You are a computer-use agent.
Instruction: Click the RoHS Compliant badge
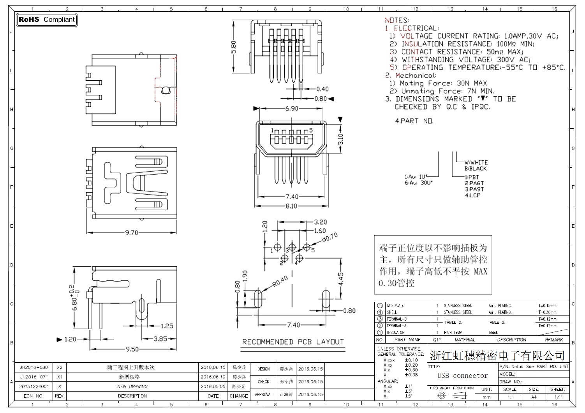(47, 19)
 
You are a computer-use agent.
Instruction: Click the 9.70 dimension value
(132, 233)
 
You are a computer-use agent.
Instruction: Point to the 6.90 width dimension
(292, 108)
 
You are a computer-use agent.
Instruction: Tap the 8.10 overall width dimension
(291, 206)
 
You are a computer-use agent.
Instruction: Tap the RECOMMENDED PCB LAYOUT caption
(293, 342)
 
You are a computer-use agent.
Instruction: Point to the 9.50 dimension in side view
(132, 349)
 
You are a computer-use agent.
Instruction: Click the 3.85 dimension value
(160, 339)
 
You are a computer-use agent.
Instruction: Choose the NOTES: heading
(396, 20)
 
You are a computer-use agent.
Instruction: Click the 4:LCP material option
(472, 195)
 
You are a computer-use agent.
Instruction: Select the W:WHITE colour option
(476, 163)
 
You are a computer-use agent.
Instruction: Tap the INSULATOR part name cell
(395, 333)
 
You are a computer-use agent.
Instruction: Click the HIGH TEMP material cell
(453, 333)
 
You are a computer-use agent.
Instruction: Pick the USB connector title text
(462, 376)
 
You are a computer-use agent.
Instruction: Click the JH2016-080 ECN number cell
(34, 367)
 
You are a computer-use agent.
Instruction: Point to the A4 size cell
(534, 397)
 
